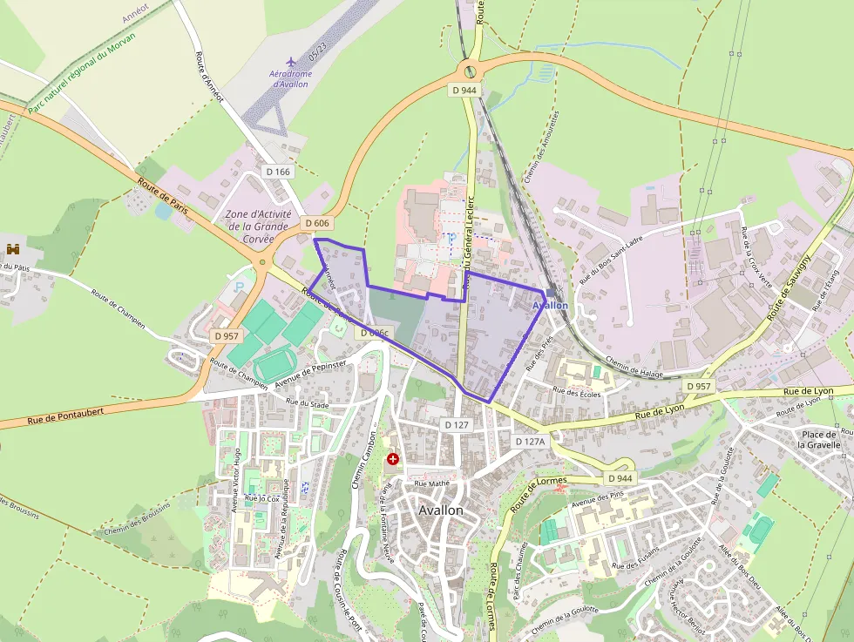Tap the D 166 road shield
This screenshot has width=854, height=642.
[278, 172]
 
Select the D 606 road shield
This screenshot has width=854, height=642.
[318, 224]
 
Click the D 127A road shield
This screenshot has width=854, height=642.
[529, 442]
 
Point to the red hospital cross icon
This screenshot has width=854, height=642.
[393, 458]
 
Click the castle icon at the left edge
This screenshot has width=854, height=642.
[13, 250]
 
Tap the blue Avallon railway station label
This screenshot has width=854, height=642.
[550, 306]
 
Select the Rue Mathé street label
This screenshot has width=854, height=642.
[431, 483]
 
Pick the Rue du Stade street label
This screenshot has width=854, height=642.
[307, 402]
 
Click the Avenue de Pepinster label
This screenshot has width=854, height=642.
[310, 373]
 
